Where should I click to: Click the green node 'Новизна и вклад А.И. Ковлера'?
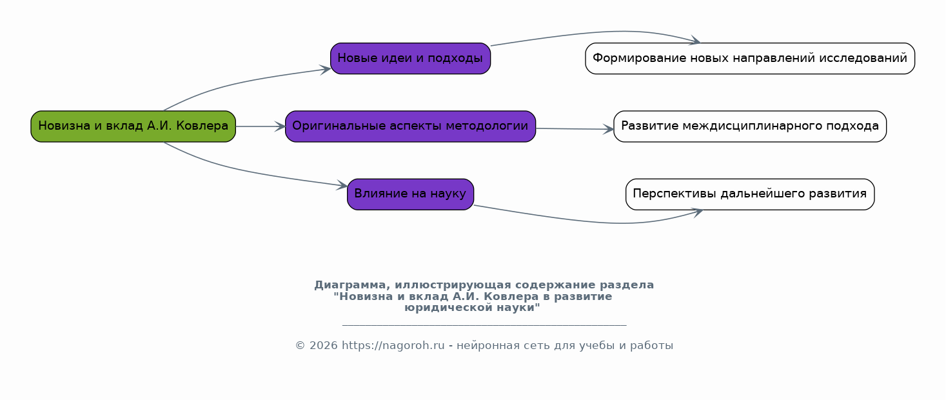point(133,126)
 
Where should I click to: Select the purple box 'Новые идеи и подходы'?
point(410,58)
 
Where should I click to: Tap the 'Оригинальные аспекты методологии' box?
point(410,126)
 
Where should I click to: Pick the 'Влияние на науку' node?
point(410,194)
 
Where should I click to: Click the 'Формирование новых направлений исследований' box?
point(749,58)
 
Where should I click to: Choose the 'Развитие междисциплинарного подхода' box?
point(749,126)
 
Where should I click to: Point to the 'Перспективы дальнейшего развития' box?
point(749,194)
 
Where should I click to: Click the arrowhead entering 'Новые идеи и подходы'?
point(325,70)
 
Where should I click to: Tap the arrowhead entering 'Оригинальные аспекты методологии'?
point(280,126)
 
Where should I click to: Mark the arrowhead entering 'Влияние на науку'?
point(342,185)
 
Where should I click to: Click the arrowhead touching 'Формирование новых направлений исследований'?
point(695,41)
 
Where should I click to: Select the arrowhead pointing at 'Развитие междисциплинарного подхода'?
point(608,129)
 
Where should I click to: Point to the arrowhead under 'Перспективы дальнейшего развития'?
point(697,212)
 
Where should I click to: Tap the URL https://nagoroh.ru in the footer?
point(393,346)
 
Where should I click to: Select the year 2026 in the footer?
point(323,346)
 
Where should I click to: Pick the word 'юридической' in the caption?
point(449,308)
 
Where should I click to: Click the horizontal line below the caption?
point(484,325)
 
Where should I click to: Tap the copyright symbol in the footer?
point(300,346)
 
